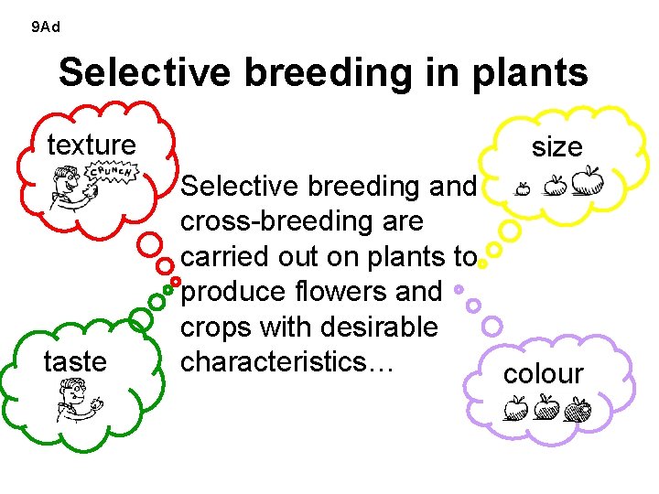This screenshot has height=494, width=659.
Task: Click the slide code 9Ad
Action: (x=45, y=27)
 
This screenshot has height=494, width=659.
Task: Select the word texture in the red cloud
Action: (x=92, y=145)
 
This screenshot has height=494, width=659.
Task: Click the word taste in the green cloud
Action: (x=75, y=362)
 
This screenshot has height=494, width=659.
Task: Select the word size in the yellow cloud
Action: (x=556, y=147)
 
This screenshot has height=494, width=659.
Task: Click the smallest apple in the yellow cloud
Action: (x=523, y=188)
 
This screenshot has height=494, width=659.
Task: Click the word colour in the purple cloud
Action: (x=543, y=374)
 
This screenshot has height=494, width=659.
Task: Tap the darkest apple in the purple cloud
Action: (x=578, y=408)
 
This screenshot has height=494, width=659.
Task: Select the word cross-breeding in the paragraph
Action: (x=302, y=221)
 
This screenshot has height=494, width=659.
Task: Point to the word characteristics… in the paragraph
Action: (x=287, y=361)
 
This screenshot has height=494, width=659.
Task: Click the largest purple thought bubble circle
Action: (x=492, y=325)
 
